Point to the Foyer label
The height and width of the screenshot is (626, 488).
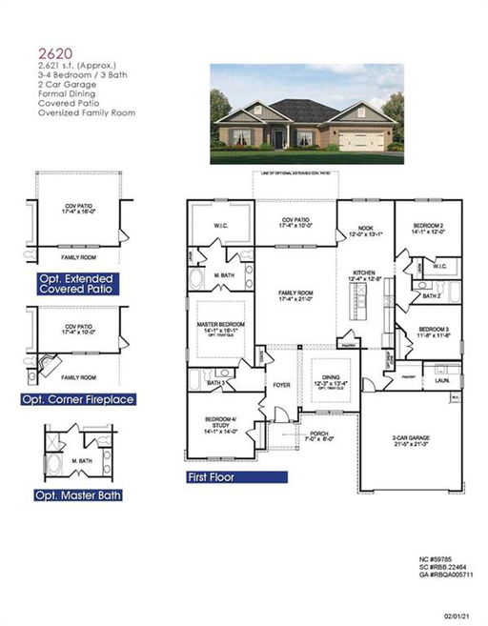tap(282, 385)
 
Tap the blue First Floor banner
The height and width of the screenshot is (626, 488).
tap(211, 475)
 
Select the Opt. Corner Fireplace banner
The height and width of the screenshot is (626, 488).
tap(81, 398)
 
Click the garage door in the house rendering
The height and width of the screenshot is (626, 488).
tap(360, 140)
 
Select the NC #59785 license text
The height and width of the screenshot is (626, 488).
tap(437, 558)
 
